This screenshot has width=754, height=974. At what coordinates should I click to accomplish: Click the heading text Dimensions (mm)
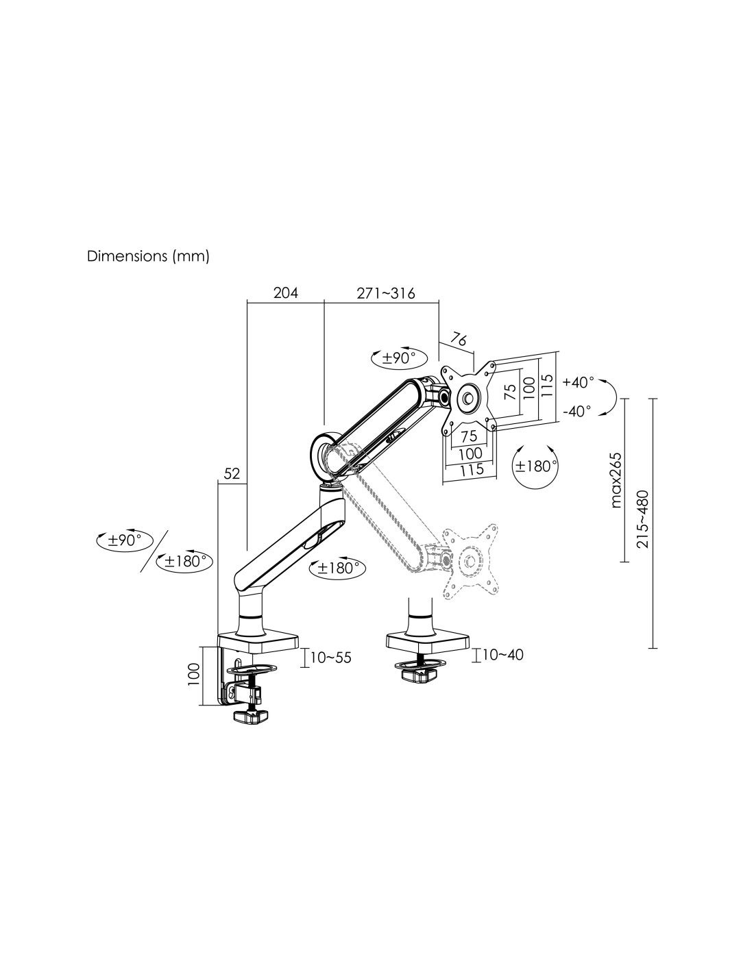click(147, 257)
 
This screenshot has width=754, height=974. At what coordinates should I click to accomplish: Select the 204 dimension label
click(286, 293)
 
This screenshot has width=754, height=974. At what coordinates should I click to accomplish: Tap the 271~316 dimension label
click(386, 293)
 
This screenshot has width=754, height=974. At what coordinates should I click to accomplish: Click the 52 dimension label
click(232, 473)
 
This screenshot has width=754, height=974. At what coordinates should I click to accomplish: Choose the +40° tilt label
click(578, 382)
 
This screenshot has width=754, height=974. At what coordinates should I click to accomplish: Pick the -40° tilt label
click(576, 412)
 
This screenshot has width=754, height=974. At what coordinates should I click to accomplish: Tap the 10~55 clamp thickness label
click(331, 658)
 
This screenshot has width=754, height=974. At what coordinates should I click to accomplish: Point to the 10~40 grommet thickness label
click(502, 655)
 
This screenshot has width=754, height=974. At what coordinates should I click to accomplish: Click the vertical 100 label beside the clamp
click(194, 674)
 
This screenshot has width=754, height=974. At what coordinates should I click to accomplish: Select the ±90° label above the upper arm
click(400, 358)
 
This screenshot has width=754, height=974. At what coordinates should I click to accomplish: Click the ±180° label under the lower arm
click(338, 568)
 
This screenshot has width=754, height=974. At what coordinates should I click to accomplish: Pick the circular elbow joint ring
click(327, 451)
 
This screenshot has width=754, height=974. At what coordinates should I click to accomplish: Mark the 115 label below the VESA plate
click(472, 469)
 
